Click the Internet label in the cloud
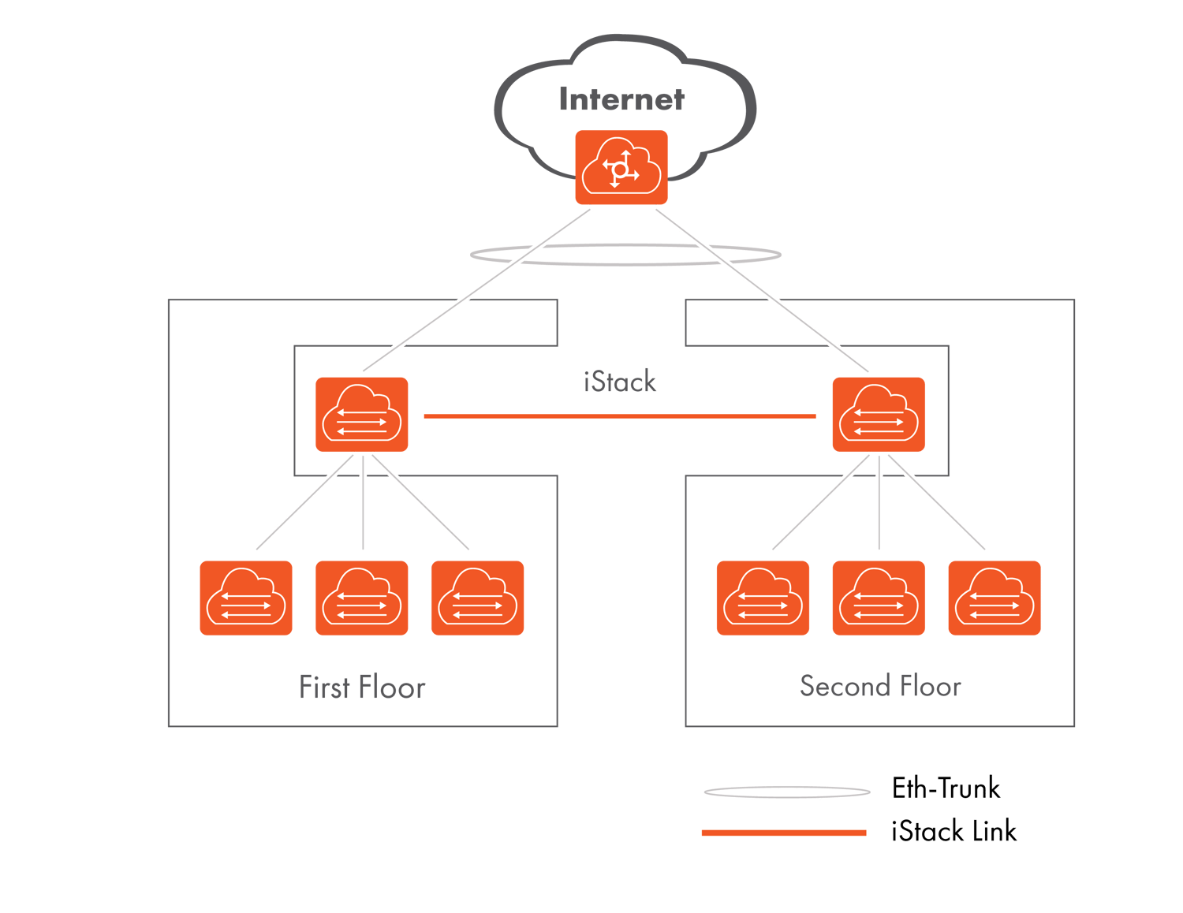pyautogui.click(x=621, y=99)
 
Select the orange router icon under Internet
pyautogui.click(x=621, y=168)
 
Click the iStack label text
pyautogui.click(x=620, y=382)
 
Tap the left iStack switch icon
pyautogui.click(x=362, y=415)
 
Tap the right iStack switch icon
pyautogui.click(x=879, y=415)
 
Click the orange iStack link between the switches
pyautogui.click(x=620, y=416)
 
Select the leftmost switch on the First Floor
pyautogui.click(x=246, y=598)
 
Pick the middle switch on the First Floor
pyautogui.click(x=362, y=598)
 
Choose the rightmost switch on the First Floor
pyautogui.click(x=477, y=598)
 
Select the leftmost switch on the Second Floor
pyautogui.click(x=763, y=598)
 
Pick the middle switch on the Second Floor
pyautogui.click(x=879, y=598)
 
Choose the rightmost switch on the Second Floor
pyautogui.click(x=995, y=598)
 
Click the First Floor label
pyautogui.click(x=362, y=688)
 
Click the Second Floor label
pyautogui.click(x=880, y=686)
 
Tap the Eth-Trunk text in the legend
pyautogui.click(x=946, y=788)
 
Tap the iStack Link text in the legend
pyautogui.click(x=954, y=831)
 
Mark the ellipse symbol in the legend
pyautogui.click(x=787, y=791)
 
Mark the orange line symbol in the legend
pyautogui.click(x=784, y=833)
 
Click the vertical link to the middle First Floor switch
pyautogui.click(x=363, y=505)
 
